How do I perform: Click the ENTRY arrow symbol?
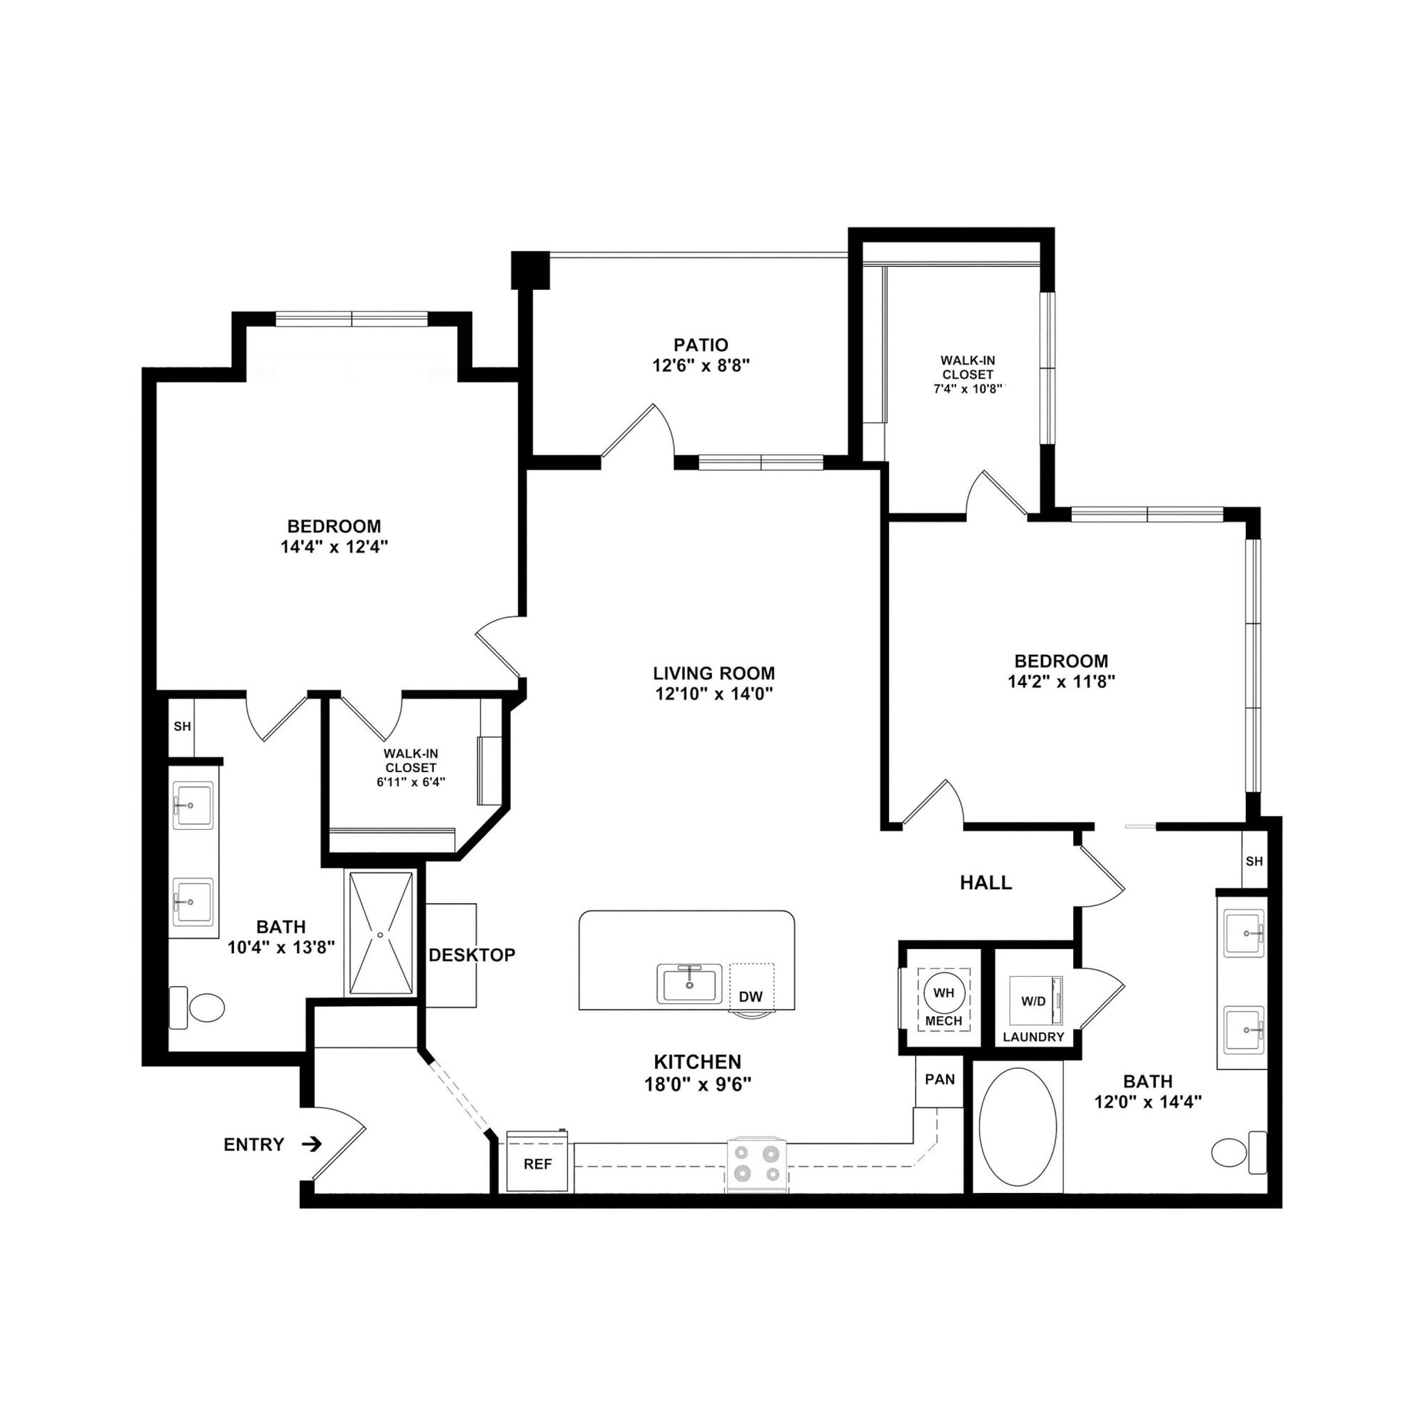(x=313, y=1144)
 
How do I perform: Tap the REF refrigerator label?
(x=538, y=1164)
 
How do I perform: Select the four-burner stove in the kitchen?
(x=757, y=1164)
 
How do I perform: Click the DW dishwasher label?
(x=750, y=996)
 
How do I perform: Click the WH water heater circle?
(x=944, y=993)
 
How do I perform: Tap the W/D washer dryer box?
(x=1035, y=1001)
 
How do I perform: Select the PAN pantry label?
(x=939, y=1079)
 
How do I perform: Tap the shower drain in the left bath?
(x=380, y=935)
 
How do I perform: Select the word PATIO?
(x=701, y=345)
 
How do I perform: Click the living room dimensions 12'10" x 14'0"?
(x=713, y=693)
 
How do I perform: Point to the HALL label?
(x=985, y=882)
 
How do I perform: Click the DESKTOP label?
(x=472, y=955)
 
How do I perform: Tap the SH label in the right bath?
(x=1254, y=861)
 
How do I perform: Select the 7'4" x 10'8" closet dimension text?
(x=968, y=389)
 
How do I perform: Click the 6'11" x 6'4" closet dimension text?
(x=410, y=782)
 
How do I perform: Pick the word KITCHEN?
(x=697, y=1062)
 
